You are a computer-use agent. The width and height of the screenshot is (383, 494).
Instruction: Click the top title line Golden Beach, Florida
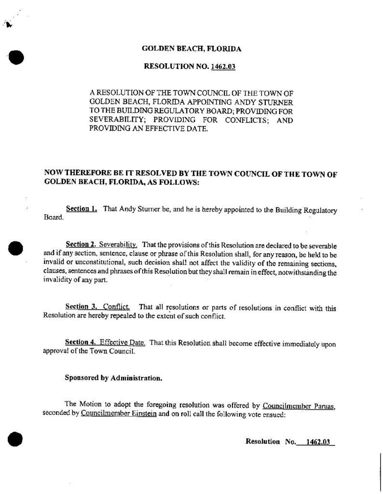click(192, 49)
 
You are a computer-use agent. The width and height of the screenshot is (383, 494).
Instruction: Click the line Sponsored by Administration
click(113, 379)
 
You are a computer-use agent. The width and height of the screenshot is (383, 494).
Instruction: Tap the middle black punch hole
click(17, 249)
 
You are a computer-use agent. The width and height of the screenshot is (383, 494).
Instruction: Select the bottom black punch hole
click(17, 439)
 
